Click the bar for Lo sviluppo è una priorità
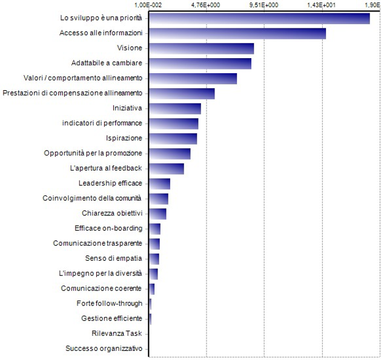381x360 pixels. (259, 18)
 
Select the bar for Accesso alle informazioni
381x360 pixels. (237, 33)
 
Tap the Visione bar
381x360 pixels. (201, 48)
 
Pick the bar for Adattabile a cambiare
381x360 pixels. (200, 64)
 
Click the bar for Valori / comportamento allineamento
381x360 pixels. (193, 79)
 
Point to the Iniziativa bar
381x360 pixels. (175, 108)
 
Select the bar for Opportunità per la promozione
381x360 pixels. (170, 154)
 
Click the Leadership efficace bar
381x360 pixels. (159, 183)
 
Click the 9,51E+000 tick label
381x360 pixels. (264, 5)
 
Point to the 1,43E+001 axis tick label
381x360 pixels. (322, 5)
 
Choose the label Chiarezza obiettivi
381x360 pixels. (112, 213)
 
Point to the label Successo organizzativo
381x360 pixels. (104, 349)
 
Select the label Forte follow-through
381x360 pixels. (110, 303)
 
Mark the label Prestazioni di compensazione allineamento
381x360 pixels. (73, 93)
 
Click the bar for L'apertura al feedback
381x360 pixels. (167, 168)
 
